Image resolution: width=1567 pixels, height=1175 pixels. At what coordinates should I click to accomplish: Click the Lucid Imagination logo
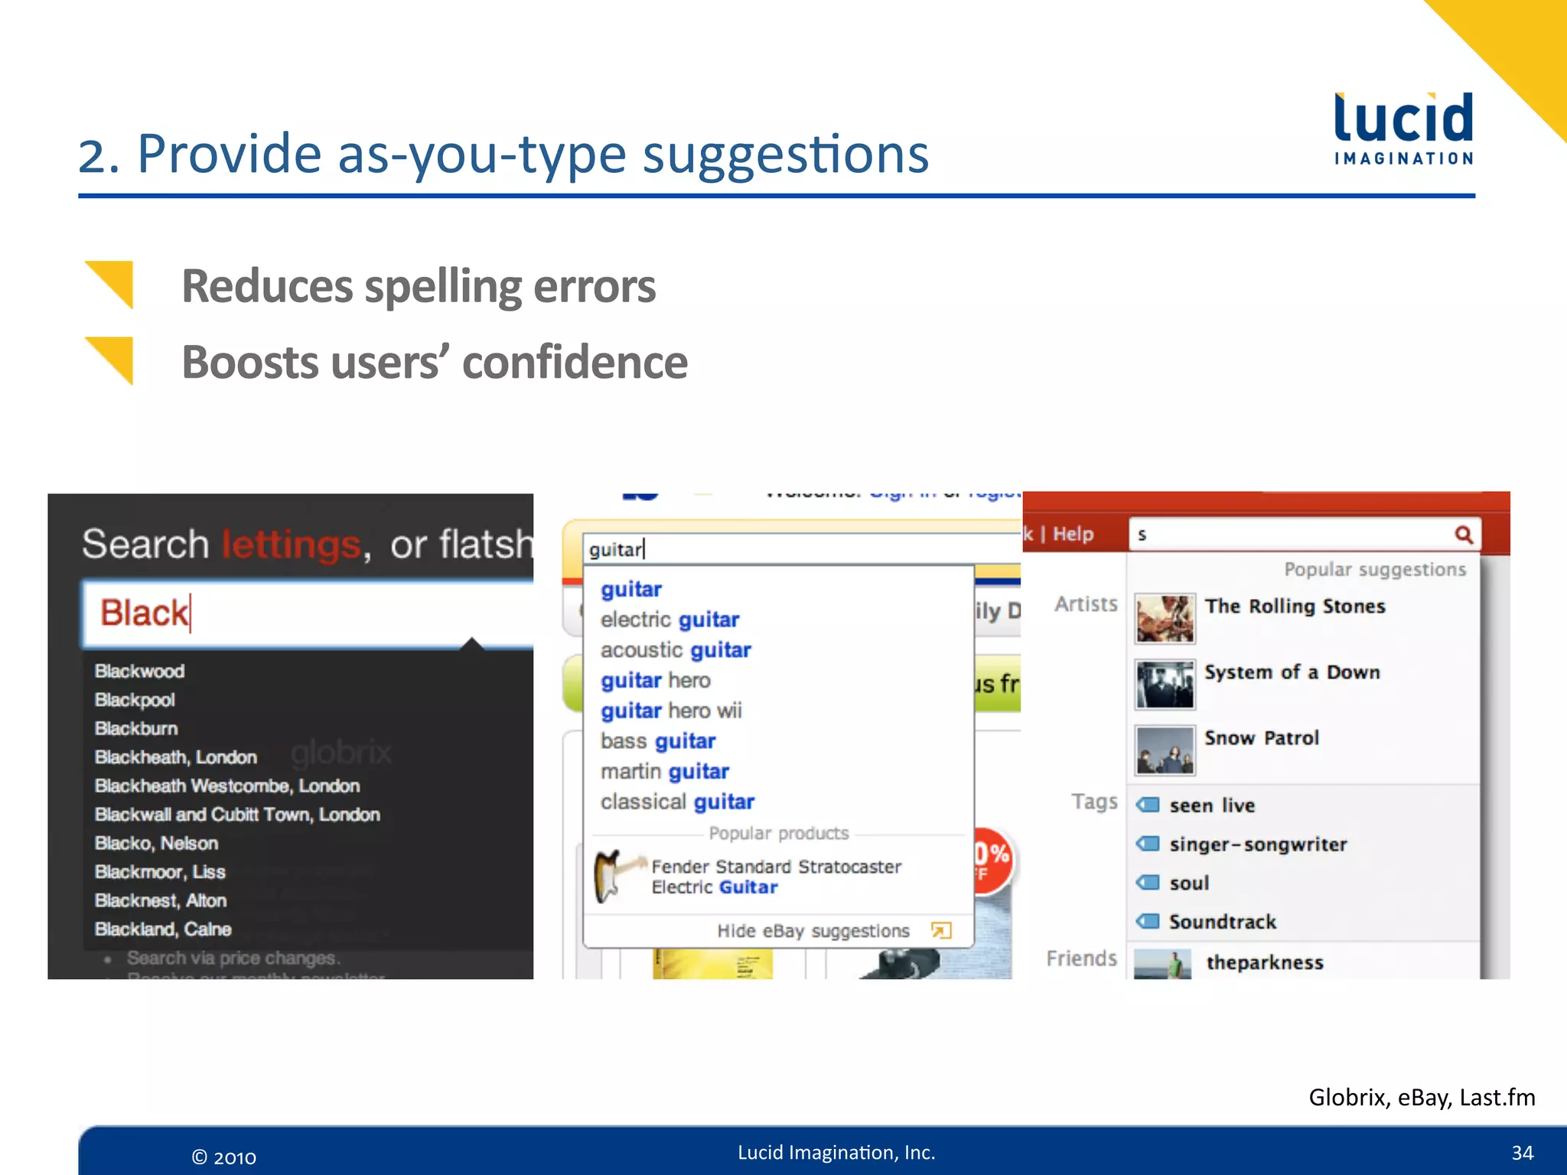(x=1403, y=129)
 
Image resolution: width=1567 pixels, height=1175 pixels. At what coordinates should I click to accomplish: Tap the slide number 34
(x=1522, y=1153)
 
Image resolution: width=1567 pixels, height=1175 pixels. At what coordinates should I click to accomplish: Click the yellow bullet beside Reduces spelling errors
(x=112, y=284)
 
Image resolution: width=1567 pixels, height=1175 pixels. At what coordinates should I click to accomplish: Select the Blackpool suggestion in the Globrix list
(x=135, y=700)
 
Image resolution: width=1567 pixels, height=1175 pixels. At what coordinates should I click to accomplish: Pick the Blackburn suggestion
(x=136, y=728)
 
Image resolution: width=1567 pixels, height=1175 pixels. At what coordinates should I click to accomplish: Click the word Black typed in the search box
(x=144, y=613)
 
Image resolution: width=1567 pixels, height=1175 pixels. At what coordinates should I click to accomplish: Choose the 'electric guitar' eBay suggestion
(x=669, y=620)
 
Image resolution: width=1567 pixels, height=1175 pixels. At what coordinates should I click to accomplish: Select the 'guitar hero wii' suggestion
(x=671, y=711)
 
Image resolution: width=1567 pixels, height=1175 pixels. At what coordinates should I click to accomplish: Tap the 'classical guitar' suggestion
(x=677, y=802)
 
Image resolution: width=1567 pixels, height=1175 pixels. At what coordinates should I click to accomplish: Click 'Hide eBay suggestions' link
(x=813, y=931)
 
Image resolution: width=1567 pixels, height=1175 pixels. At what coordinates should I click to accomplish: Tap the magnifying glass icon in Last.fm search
(x=1464, y=535)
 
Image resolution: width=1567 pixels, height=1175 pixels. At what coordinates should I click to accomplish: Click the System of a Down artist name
(x=1292, y=672)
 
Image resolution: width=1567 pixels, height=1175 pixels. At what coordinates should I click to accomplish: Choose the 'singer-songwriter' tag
(x=1258, y=845)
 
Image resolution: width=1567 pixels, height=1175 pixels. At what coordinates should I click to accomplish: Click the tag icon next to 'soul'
(x=1148, y=883)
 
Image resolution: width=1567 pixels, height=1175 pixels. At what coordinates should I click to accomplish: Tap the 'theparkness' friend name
(x=1265, y=962)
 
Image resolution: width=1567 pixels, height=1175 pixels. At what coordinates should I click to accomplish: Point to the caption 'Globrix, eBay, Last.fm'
(x=1422, y=1098)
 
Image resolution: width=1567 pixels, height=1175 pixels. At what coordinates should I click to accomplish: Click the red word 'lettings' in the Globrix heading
(x=291, y=545)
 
